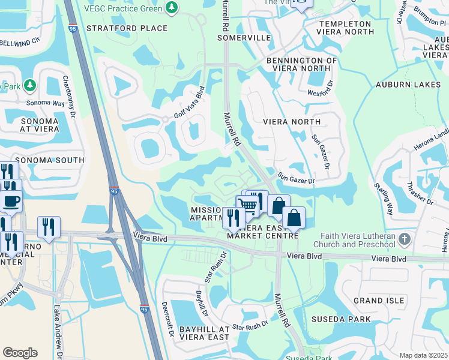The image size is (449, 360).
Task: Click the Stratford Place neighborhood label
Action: click(x=127, y=28)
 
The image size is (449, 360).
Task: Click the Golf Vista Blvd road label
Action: click(x=190, y=103)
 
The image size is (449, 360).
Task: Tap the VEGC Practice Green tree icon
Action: click(x=173, y=8)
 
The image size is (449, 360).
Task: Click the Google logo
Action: click(x=20, y=353)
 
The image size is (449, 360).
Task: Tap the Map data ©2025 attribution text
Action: click(x=423, y=355)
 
